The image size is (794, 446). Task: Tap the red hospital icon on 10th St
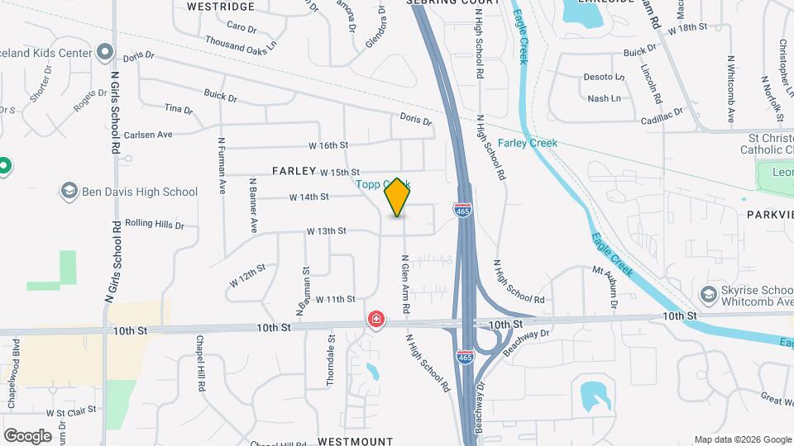[376, 319]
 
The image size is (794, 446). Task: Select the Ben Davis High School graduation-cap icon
[69, 192]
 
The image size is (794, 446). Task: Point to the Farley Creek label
[527, 143]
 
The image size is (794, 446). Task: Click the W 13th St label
[326, 231]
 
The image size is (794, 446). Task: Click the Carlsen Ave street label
[148, 135]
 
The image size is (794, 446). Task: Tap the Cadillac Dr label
[662, 115]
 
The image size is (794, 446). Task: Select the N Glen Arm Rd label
[406, 283]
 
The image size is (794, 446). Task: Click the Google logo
[27, 435]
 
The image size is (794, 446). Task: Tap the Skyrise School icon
[707, 294]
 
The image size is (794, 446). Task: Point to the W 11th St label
[335, 299]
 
